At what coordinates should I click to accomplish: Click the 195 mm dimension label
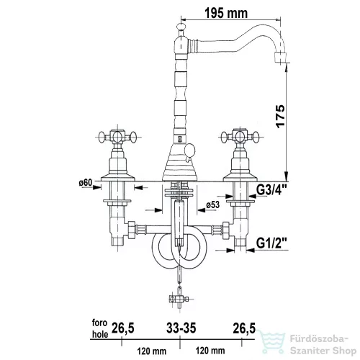click(x=226, y=13)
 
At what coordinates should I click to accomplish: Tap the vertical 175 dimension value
click(x=280, y=116)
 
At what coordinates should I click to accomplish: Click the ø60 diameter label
click(x=86, y=183)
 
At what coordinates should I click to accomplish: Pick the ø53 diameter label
click(x=212, y=204)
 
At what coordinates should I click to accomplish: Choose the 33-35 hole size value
click(x=181, y=328)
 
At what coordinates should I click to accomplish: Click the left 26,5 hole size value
click(x=123, y=328)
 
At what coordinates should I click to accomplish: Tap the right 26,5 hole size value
click(x=244, y=328)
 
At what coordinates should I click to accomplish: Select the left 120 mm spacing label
click(x=152, y=351)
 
